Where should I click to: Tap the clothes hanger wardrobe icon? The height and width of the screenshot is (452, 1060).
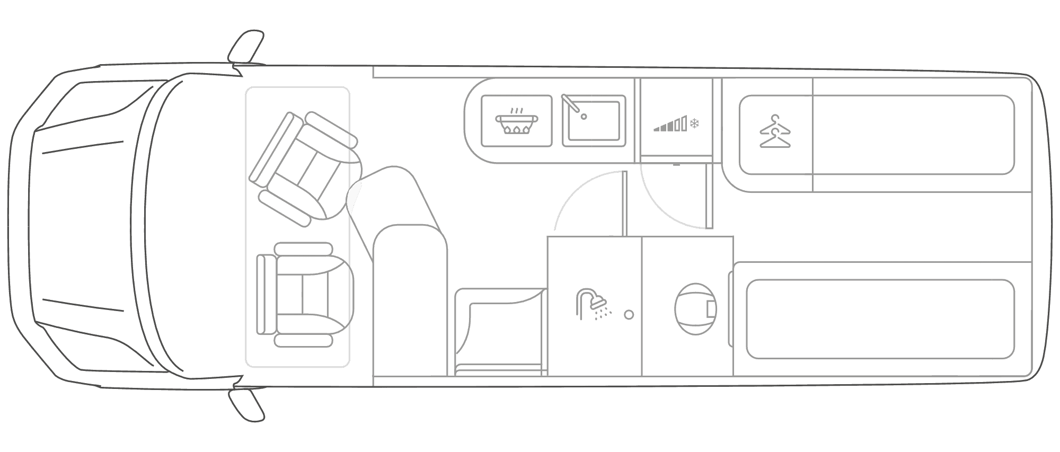[x=774, y=132]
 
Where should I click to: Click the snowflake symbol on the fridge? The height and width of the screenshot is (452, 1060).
[x=695, y=124]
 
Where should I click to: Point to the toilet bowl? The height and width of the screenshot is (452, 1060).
[x=693, y=309]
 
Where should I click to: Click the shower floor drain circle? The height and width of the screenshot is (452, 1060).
[x=629, y=315]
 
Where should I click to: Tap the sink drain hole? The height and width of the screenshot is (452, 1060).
[x=584, y=117]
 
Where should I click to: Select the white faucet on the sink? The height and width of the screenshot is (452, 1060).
[x=570, y=103]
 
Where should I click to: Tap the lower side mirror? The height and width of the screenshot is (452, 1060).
[x=247, y=405]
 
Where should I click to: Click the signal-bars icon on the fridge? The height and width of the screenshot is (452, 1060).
[x=671, y=125]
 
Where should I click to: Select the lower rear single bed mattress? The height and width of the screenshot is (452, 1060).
[x=880, y=319]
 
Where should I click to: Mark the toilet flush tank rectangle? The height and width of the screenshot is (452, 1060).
[x=711, y=309]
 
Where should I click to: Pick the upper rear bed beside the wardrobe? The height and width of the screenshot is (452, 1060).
[x=913, y=135]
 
